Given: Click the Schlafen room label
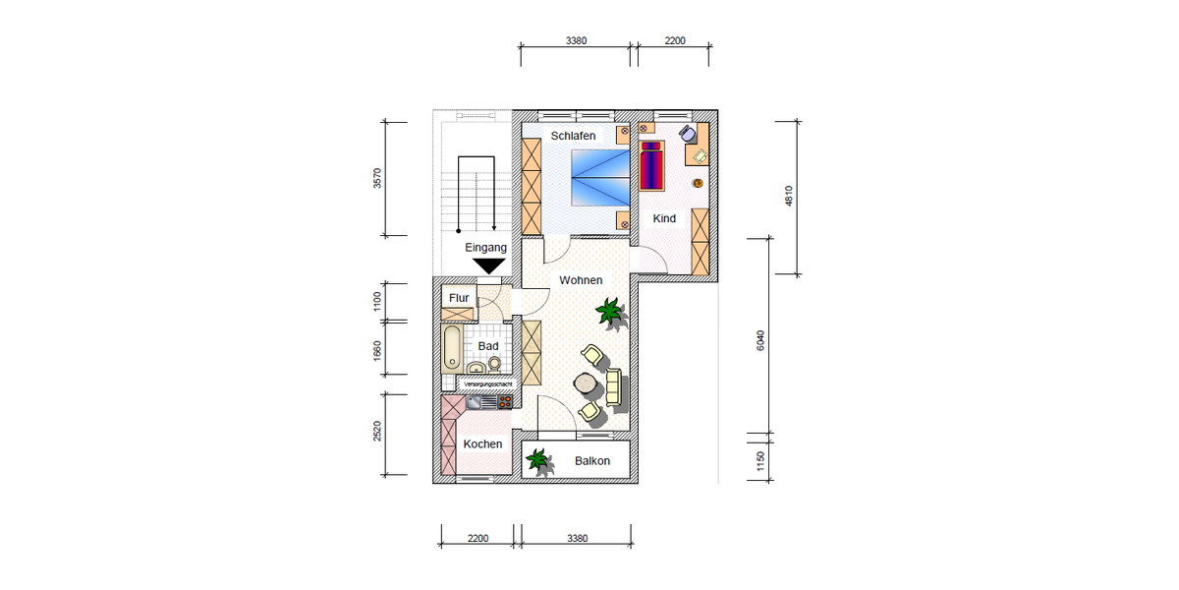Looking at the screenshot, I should pos(573,136).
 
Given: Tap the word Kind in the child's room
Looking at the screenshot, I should pos(664,218).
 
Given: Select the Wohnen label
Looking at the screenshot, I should pos(581,280).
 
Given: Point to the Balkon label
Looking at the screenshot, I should pos(592,461).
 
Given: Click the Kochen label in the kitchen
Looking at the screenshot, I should pos(482,443).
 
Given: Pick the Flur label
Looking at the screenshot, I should pos(459,298).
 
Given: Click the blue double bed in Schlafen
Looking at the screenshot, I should pos(599,177).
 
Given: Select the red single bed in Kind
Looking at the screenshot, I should pos(652,165).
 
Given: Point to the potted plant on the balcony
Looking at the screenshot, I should pos(537,460).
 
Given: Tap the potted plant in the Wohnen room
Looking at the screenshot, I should pos(609,314).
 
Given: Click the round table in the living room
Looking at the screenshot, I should pos(586,383).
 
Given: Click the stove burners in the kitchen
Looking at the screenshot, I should pos(504,401).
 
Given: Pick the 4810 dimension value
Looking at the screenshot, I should pos(787,198).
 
